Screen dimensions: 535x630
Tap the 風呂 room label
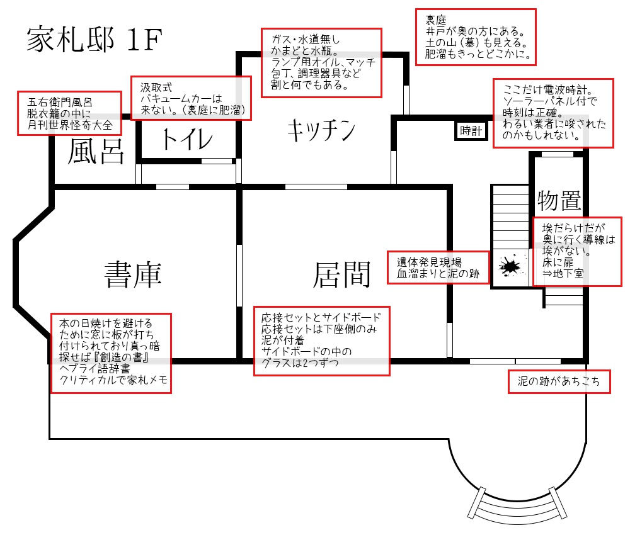click(95, 152)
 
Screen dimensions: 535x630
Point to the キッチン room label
click(321, 132)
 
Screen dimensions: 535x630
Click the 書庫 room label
click(133, 274)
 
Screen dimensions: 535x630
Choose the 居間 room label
click(341, 274)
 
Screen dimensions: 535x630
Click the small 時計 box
click(471, 131)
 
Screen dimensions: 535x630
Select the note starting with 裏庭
click(476, 36)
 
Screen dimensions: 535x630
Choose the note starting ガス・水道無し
click(322, 62)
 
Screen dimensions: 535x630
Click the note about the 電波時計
click(553, 113)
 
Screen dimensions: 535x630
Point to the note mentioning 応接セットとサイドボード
click(322, 341)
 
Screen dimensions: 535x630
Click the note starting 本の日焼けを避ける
click(110, 353)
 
